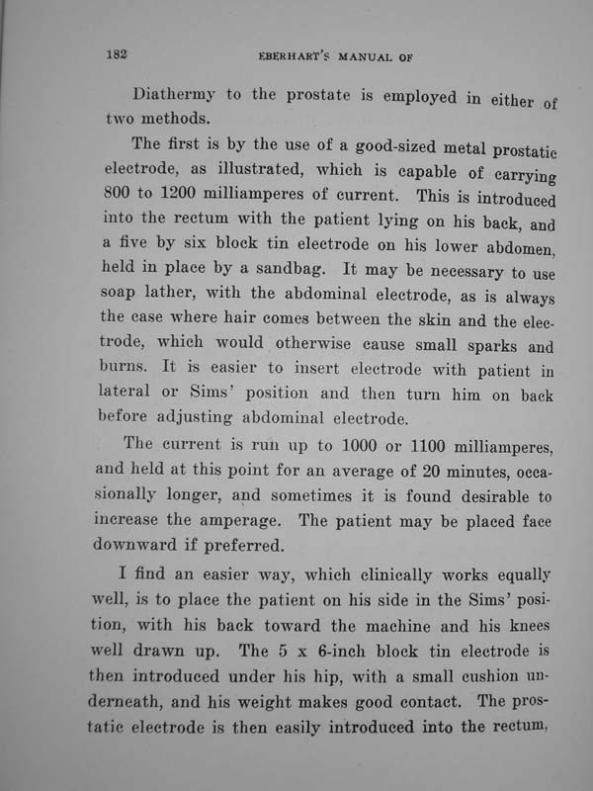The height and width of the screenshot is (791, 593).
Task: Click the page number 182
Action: (x=119, y=54)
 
